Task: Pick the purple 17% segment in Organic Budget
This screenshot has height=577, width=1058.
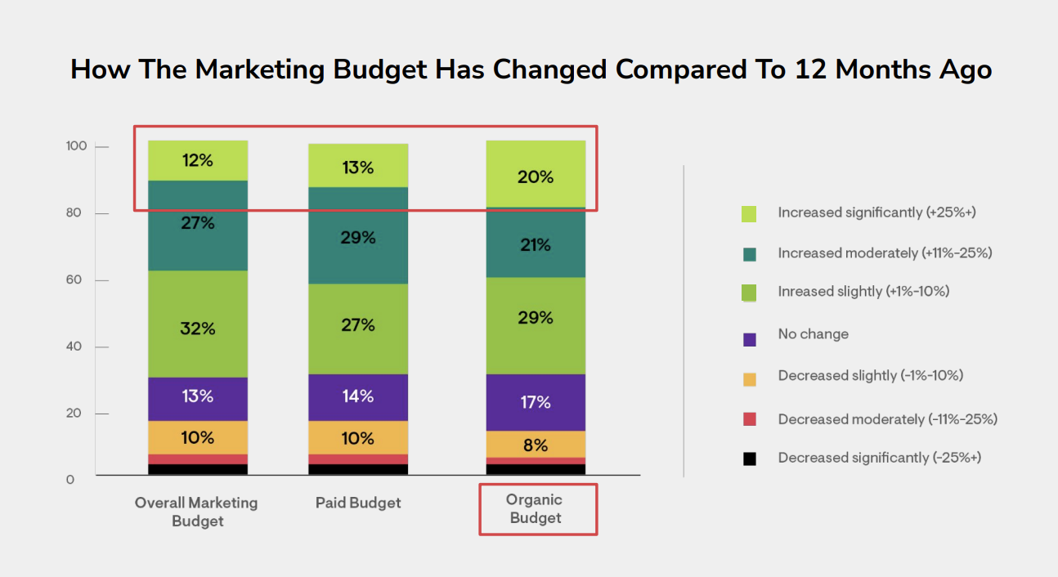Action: tap(536, 402)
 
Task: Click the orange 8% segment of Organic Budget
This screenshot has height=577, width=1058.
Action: tap(536, 445)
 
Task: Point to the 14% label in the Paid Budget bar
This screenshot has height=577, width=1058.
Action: tap(358, 396)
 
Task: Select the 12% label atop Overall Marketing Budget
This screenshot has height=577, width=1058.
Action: tap(197, 161)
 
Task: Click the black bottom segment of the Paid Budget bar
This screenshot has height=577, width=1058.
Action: tap(358, 469)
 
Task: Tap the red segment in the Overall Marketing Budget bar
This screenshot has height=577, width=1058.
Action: tap(198, 459)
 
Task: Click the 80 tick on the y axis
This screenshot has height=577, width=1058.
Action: tap(75, 213)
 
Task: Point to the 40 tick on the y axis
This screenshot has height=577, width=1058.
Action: tap(75, 347)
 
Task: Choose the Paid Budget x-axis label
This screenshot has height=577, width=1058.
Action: tap(358, 503)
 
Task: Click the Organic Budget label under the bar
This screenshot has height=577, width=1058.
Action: tap(536, 508)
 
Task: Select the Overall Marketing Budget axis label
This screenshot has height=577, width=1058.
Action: tap(196, 512)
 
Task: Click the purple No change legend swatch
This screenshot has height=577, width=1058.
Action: tap(749, 338)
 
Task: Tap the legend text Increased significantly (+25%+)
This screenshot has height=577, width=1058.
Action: tap(876, 212)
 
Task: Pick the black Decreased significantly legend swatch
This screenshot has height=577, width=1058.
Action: tap(749, 459)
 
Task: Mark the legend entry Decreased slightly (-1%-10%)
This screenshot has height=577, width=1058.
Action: tap(870, 376)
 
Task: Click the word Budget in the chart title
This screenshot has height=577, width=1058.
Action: tap(379, 69)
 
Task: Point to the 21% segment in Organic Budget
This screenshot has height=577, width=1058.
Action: tap(536, 244)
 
